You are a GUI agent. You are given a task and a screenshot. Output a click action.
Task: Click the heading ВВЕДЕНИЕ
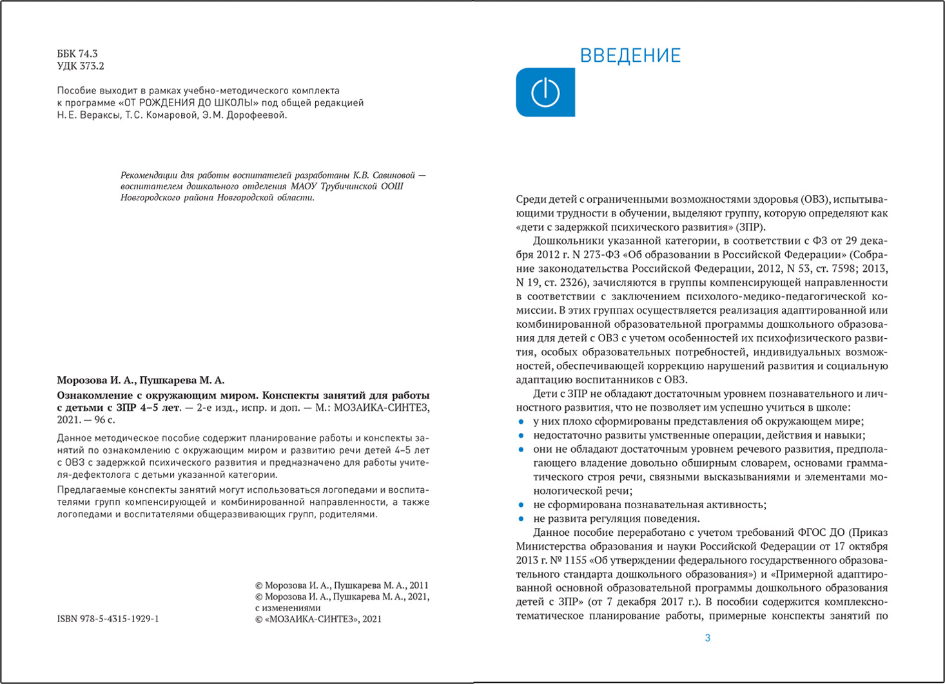coord(630,55)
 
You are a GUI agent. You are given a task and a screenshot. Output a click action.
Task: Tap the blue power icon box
coord(545,93)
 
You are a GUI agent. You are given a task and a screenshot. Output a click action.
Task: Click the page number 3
coord(708,638)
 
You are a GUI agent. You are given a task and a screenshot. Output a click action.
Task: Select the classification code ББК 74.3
coord(77,53)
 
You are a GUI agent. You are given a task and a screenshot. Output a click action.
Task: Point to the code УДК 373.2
coord(81,66)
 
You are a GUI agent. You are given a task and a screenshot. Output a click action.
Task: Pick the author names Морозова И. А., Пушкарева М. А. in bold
coord(141,380)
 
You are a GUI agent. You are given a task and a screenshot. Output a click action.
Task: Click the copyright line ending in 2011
coord(342,585)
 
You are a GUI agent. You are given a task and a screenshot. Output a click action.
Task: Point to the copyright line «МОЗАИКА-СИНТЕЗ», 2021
coord(318,619)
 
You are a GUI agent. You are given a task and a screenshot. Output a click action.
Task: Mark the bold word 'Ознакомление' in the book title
coord(92,395)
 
